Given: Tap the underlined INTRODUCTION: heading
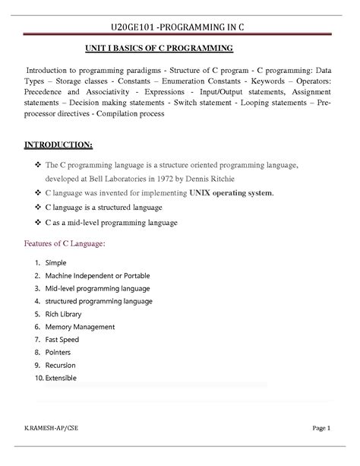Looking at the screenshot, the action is [x=59, y=144].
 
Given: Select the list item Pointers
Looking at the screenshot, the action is [x=58, y=353].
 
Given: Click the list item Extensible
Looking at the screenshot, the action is [x=62, y=379].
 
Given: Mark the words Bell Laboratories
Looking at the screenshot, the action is [x=125, y=178].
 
